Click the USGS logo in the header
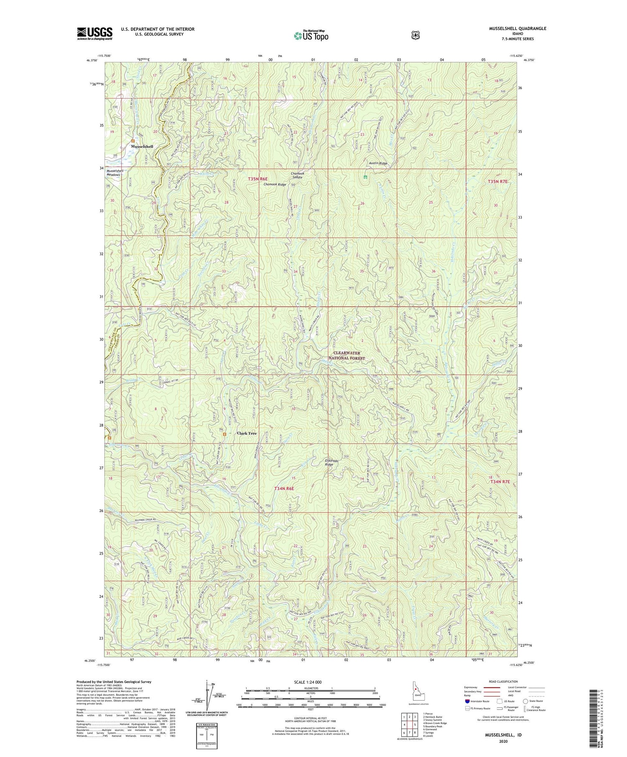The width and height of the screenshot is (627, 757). click(94, 33)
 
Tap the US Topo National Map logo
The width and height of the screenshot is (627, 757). click(311, 35)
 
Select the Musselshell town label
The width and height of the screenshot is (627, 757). click(142, 147)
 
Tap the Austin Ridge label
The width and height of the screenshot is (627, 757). click(378, 163)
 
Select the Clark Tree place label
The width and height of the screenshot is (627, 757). click(247, 433)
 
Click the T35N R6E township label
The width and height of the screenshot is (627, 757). click(257, 179)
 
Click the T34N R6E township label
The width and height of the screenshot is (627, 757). click(284, 488)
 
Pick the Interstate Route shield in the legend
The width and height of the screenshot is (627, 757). click(467, 701)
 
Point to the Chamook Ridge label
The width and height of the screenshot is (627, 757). click(275, 184)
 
